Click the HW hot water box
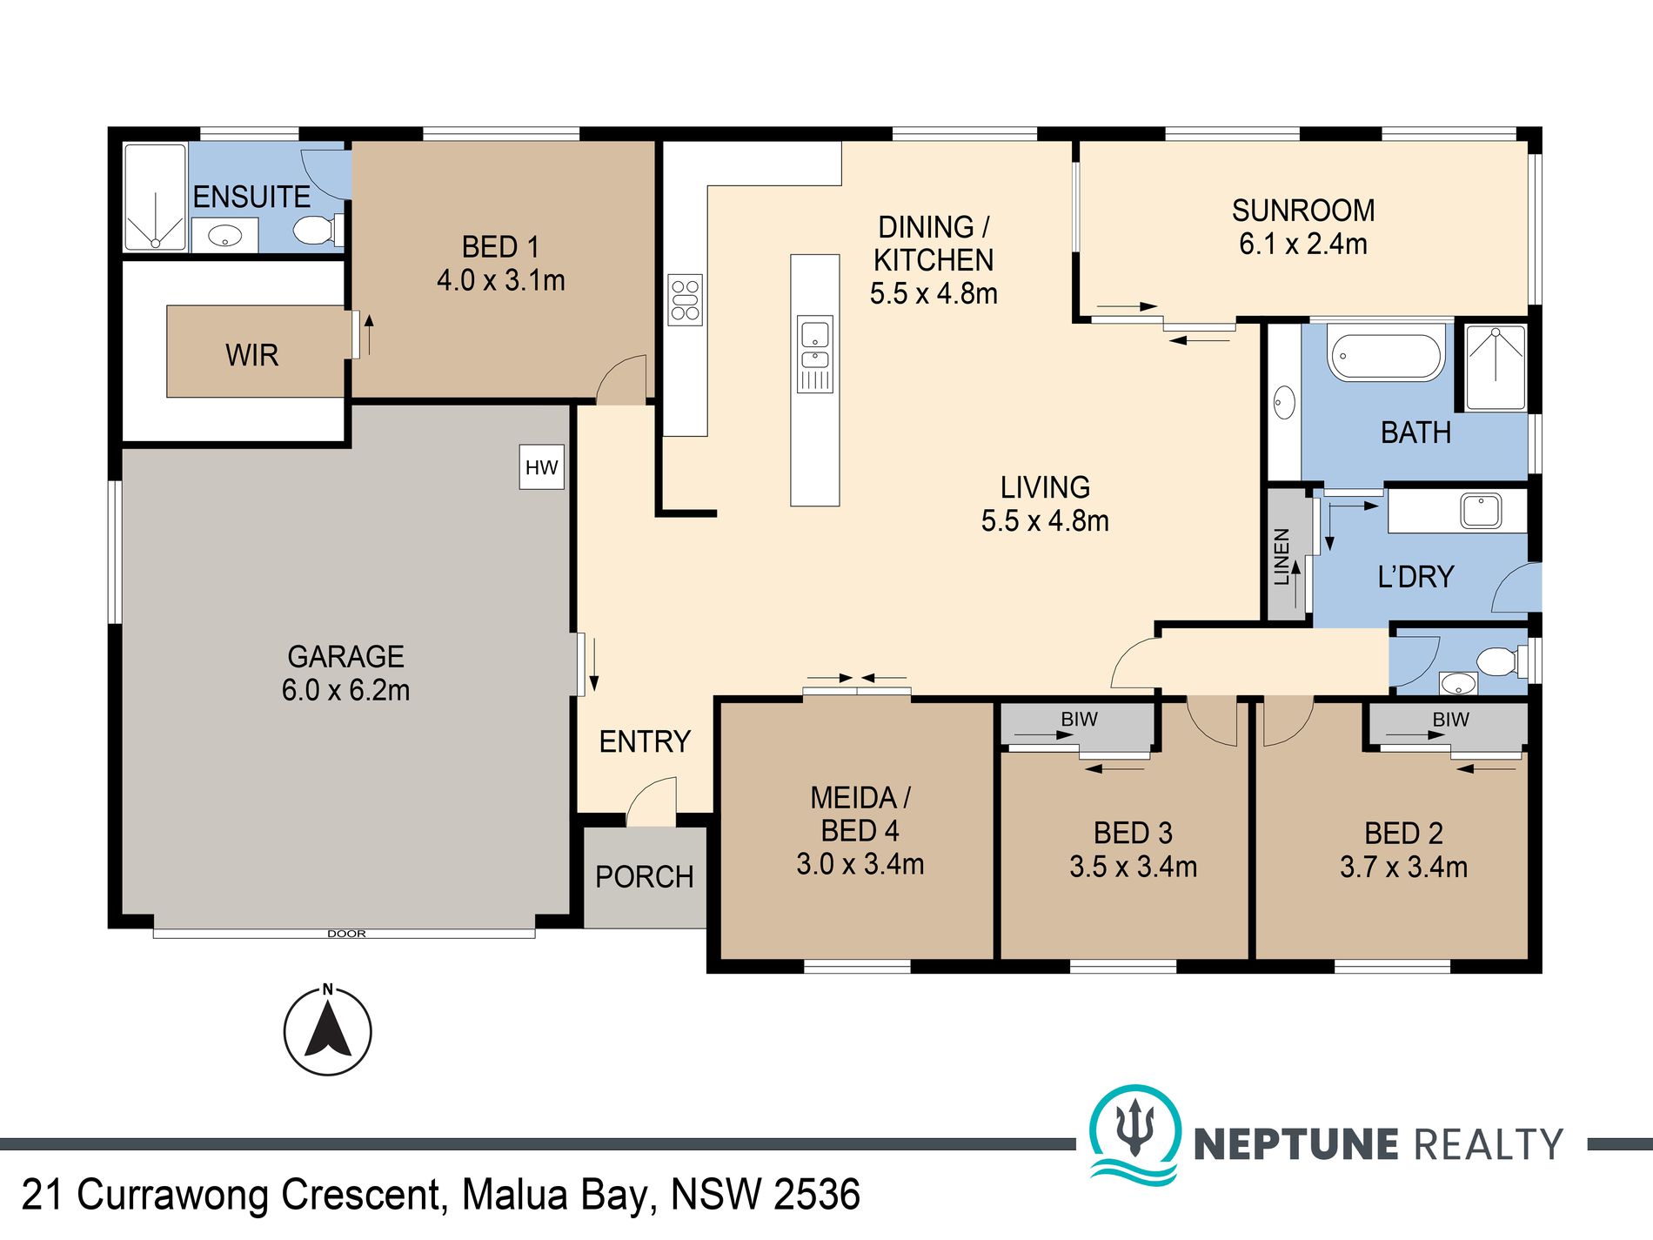click(x=541, y=467)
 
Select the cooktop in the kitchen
click(x=685, y=299)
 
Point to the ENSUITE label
click(x=251, y=197)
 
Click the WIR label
click(x=251, y=355)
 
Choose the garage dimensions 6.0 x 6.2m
click(x=345, y=690)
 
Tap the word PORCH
click(x=645, y=876)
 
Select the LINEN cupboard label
click(x=1282, y=557)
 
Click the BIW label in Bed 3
click(x=1079, y=720)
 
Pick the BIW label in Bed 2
click(x=1450, y=720)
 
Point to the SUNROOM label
click(x=1303, y=211)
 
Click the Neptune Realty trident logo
click(x=1135, y=1134)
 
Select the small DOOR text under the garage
click(x=346, y=934)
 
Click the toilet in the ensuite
click(x=314, y=231)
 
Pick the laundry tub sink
click(x=1481, y=511)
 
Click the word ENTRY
click(x=645, y=741)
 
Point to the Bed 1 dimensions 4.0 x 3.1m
click(x=501, y=280)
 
